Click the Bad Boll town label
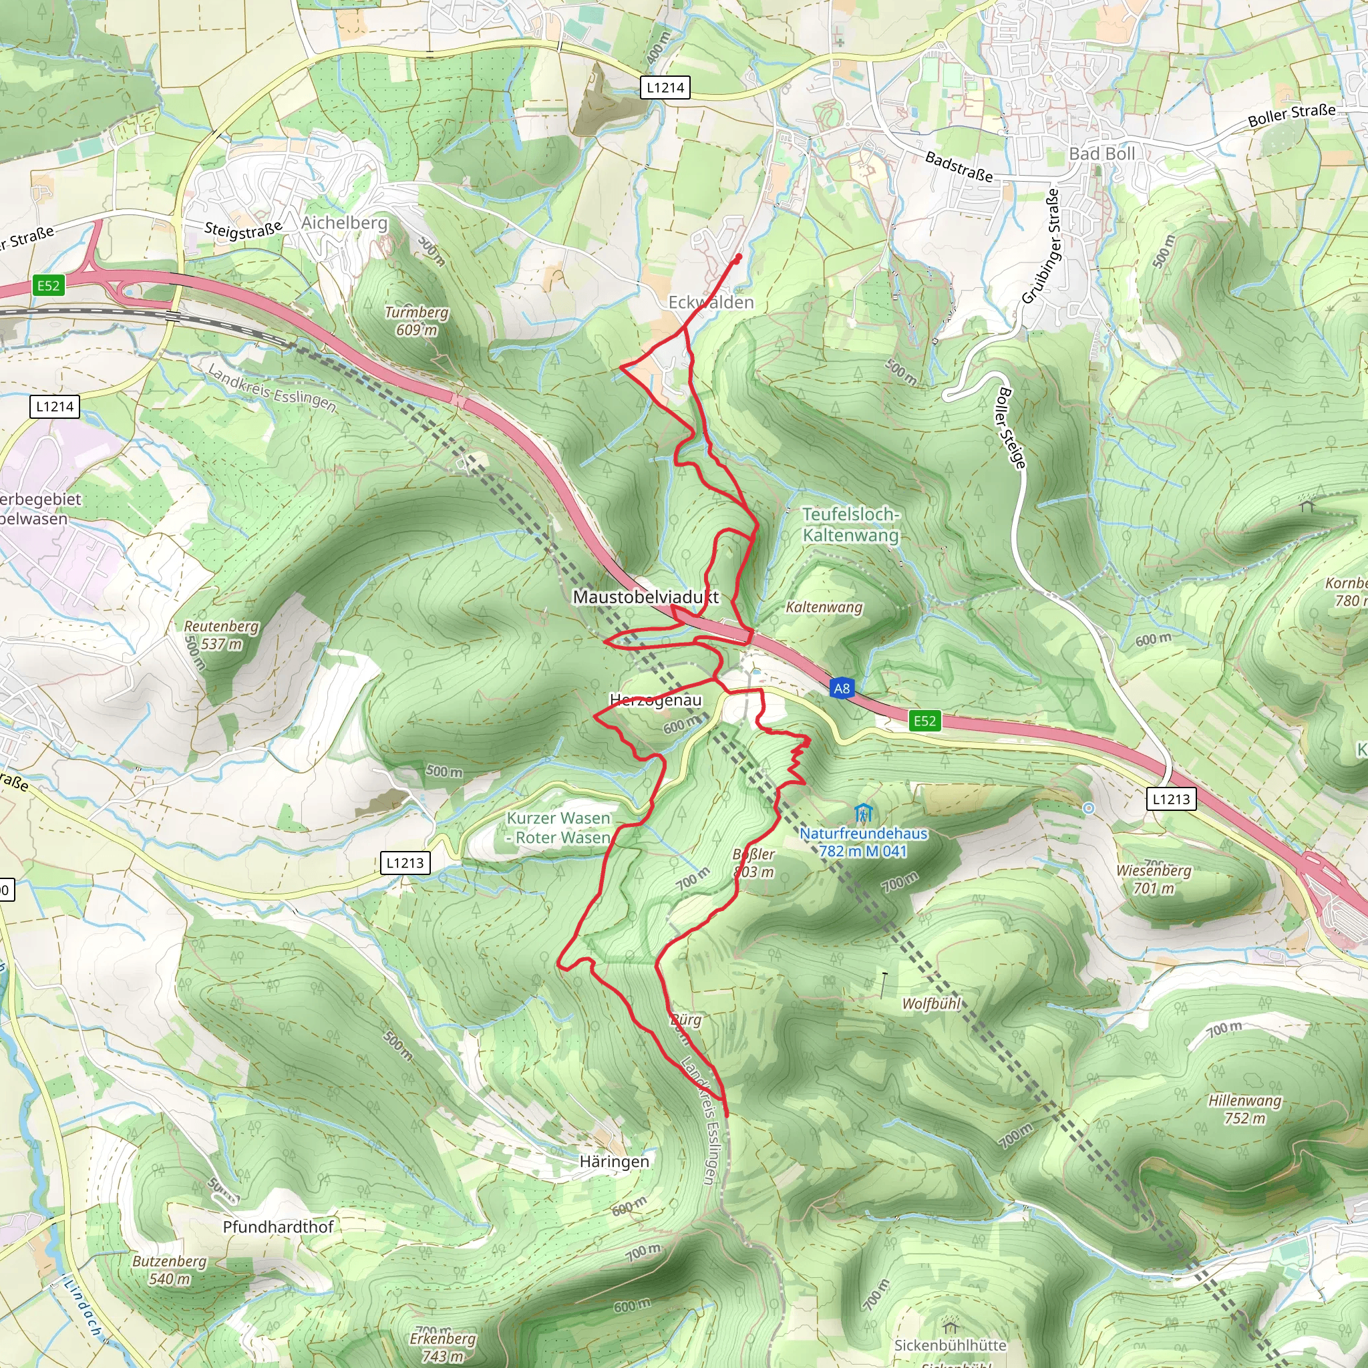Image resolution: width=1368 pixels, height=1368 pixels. (x=1101, y=154)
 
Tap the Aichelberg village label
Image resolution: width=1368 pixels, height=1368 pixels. (x=344, y=222)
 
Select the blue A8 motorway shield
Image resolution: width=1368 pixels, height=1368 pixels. (x=841, y=688)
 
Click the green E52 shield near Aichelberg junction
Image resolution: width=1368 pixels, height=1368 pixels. (x=48, y=285)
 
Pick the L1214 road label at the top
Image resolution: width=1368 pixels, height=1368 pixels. (x=665, y=88)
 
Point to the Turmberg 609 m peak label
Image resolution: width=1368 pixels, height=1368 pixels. (x=416, y=321)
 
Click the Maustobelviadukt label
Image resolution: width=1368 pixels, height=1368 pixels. (x=645, y=597)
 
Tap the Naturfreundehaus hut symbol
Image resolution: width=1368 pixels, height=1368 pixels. (x=862, y=813)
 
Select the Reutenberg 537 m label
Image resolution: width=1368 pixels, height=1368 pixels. (x=221, y=635)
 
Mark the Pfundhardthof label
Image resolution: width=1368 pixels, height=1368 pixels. (x=278, y=1227)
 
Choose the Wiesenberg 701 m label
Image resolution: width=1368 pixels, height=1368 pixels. (x=1154, y=879)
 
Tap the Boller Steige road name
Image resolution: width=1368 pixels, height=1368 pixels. (x=1011, y=427)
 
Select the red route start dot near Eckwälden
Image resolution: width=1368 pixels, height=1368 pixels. (x=738, y=259)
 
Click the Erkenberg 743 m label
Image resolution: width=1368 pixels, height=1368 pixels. (x=443, y=1347)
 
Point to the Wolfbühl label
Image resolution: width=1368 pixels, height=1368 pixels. (x=931, y=1003)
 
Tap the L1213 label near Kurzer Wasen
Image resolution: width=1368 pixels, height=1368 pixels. (x=405, y=862)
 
